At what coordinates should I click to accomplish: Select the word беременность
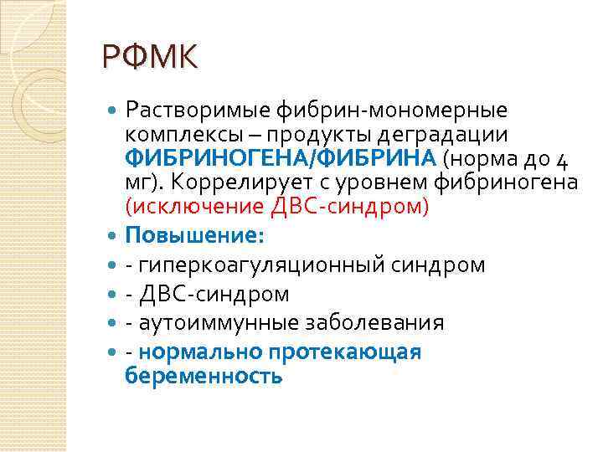(204, 376)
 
